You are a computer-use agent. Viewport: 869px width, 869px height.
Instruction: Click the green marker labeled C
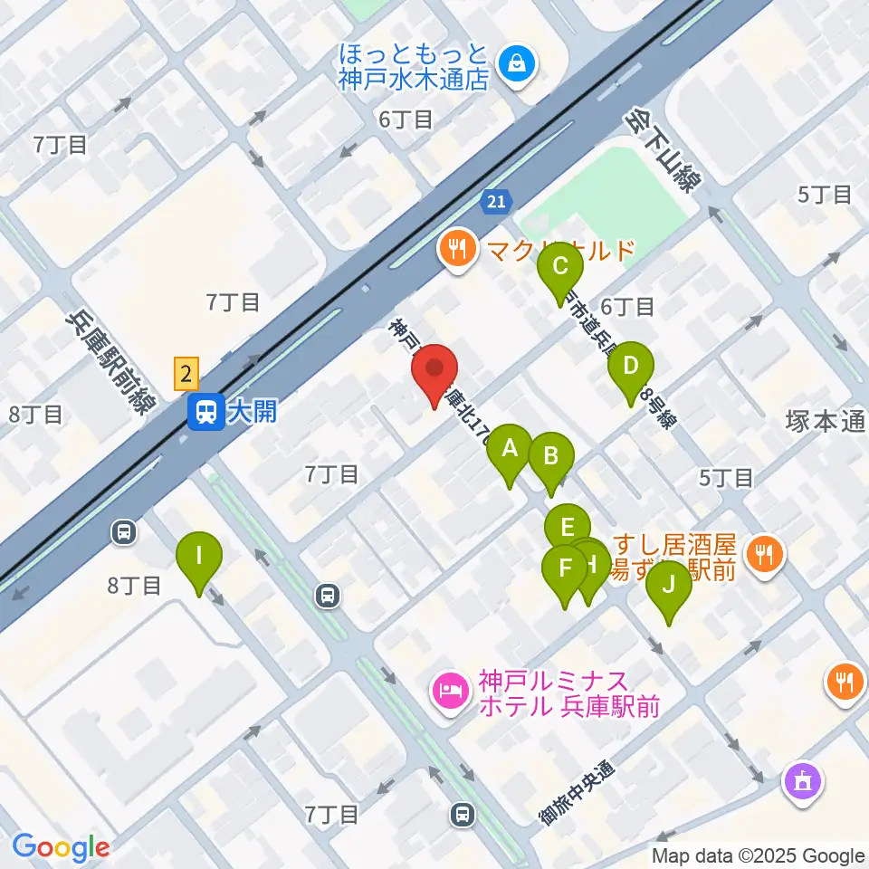[560, 266]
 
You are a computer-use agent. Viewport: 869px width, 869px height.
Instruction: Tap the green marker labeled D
[631, 368]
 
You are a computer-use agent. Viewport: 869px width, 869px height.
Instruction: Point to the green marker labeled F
[565, 569]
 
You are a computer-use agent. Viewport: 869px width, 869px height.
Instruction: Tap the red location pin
[435, 369]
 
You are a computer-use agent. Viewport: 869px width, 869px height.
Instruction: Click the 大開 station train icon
[203, 413]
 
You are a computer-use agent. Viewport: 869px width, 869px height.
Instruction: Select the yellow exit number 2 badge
[186, 371]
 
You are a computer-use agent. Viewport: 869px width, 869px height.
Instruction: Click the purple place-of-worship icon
[803, 780]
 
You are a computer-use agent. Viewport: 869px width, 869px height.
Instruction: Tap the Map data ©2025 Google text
[759, 855]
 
